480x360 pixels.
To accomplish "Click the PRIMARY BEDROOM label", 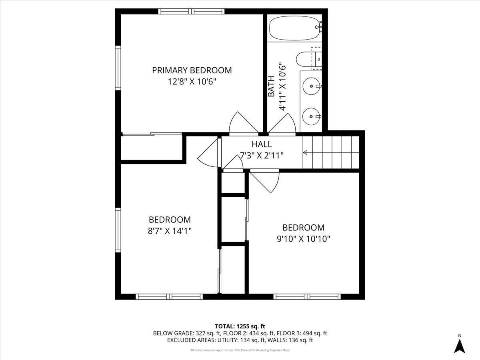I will point(192,70).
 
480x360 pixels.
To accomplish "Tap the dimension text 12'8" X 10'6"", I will point(192,82).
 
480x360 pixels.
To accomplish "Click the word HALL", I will point(262,144).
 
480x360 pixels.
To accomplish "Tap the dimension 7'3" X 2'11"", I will point(262,155).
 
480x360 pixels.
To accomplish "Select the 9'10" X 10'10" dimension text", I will point(303,239).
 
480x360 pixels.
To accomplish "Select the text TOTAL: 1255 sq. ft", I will point(240,326).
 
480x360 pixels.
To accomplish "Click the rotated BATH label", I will point(271,86).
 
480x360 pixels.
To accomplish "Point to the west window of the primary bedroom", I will point(118,68).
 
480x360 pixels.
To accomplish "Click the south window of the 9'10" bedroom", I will point(307,296).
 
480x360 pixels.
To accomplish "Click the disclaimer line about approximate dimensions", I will point(240,350).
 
